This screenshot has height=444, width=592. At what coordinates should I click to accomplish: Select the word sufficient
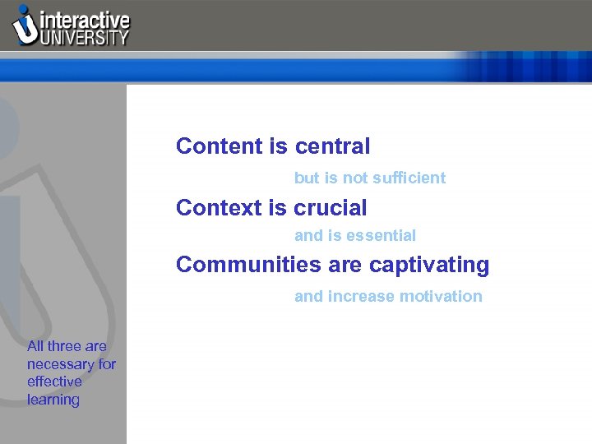tap(409, 178)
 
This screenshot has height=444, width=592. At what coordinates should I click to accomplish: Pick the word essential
tap(382, 236)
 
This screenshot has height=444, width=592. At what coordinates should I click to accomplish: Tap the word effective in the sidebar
tap(54, 382)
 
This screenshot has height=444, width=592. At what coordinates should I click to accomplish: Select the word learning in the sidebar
tap(53, 400)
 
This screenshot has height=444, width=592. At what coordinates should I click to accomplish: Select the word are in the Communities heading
tap(346, 266)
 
